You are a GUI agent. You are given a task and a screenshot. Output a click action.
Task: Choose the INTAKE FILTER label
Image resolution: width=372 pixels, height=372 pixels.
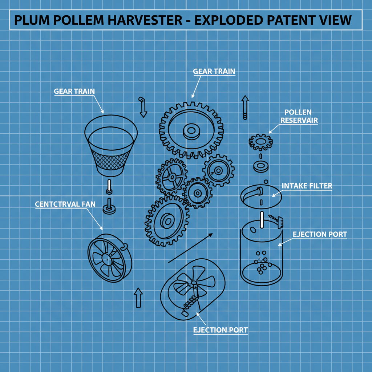click(307, 186)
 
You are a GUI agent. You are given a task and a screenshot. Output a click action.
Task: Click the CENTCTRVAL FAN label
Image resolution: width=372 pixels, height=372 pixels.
click(65, 204)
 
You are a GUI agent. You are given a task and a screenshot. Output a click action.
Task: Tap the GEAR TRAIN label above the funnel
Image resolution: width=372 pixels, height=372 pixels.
click(74, 91)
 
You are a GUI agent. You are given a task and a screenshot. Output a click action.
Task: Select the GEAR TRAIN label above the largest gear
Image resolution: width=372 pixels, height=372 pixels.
click(214, 71)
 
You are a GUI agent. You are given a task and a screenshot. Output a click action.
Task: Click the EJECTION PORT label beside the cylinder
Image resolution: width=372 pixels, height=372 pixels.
click(320, 234)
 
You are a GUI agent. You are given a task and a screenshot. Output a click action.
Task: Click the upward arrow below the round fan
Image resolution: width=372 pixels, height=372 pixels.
click(138, 298)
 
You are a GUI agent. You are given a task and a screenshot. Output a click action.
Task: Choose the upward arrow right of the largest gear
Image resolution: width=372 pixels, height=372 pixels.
click(245, 107)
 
